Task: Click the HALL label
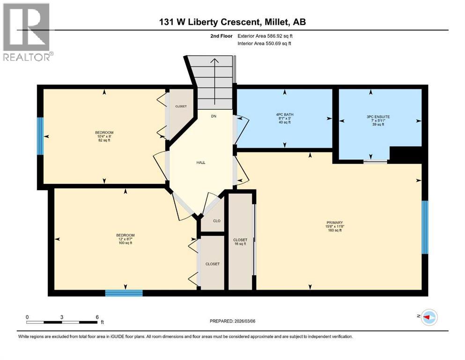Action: [x=201, y=163]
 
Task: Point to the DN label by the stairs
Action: [x=214, y=116]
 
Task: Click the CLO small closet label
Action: [x=216, y=220]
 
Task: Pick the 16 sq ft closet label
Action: [x=240, y=242]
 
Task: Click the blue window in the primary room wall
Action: [x=425, y=227]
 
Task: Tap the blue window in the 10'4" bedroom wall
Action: [x=40, y=136]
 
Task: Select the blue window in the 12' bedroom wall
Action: [x=124, y=293]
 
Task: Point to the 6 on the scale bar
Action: [x=96, y=317]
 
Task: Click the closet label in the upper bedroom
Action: [x=181, y=106]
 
